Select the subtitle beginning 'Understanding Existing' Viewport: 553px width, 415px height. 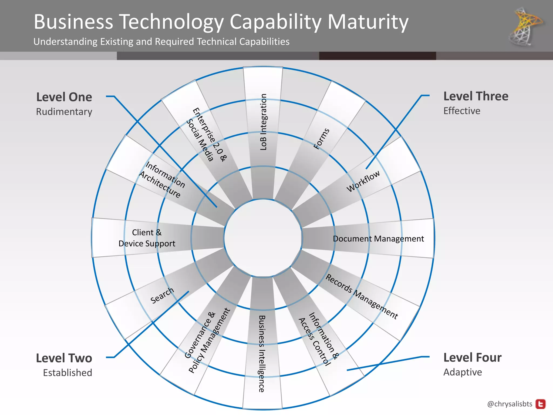point(161,42)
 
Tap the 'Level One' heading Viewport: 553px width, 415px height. point(64,97)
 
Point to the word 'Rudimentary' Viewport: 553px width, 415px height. point(64,112)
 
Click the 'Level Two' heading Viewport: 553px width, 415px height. point(64,358)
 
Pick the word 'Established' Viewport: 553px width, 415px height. point(68,373)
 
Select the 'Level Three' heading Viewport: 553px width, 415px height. point(476,96)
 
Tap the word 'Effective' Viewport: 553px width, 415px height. point(462,111)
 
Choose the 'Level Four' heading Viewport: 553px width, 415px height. point(473,357)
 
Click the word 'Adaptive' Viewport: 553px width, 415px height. point(463,372)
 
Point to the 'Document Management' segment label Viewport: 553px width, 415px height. point(378,239)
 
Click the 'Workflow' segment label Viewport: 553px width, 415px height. point(363,181)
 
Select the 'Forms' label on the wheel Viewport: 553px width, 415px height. point(322,139)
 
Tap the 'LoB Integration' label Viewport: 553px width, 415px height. point(263,122)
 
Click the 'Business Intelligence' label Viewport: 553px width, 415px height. point(262,354)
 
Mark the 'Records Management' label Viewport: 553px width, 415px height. point(362,296)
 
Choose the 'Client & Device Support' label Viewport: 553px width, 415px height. point(147,238)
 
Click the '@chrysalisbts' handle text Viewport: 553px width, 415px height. point(510,404)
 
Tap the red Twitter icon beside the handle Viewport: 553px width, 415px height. point(541,404)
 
